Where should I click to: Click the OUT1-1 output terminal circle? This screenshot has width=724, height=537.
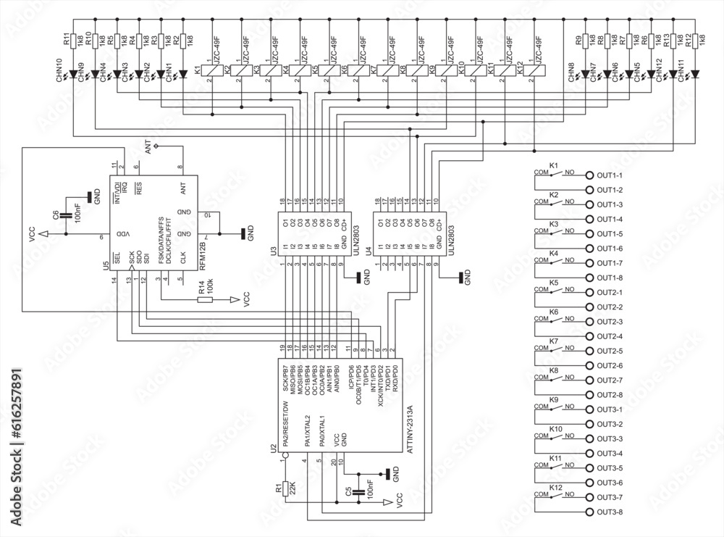coord(589,175)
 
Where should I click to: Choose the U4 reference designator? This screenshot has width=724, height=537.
coord(369,252)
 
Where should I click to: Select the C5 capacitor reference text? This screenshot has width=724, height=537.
coord(348,492)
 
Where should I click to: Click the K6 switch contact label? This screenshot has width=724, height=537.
coord(553,312)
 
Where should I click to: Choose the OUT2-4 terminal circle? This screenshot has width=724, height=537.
coord(589,336)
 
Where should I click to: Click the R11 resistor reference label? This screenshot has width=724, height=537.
coord(66,39)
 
